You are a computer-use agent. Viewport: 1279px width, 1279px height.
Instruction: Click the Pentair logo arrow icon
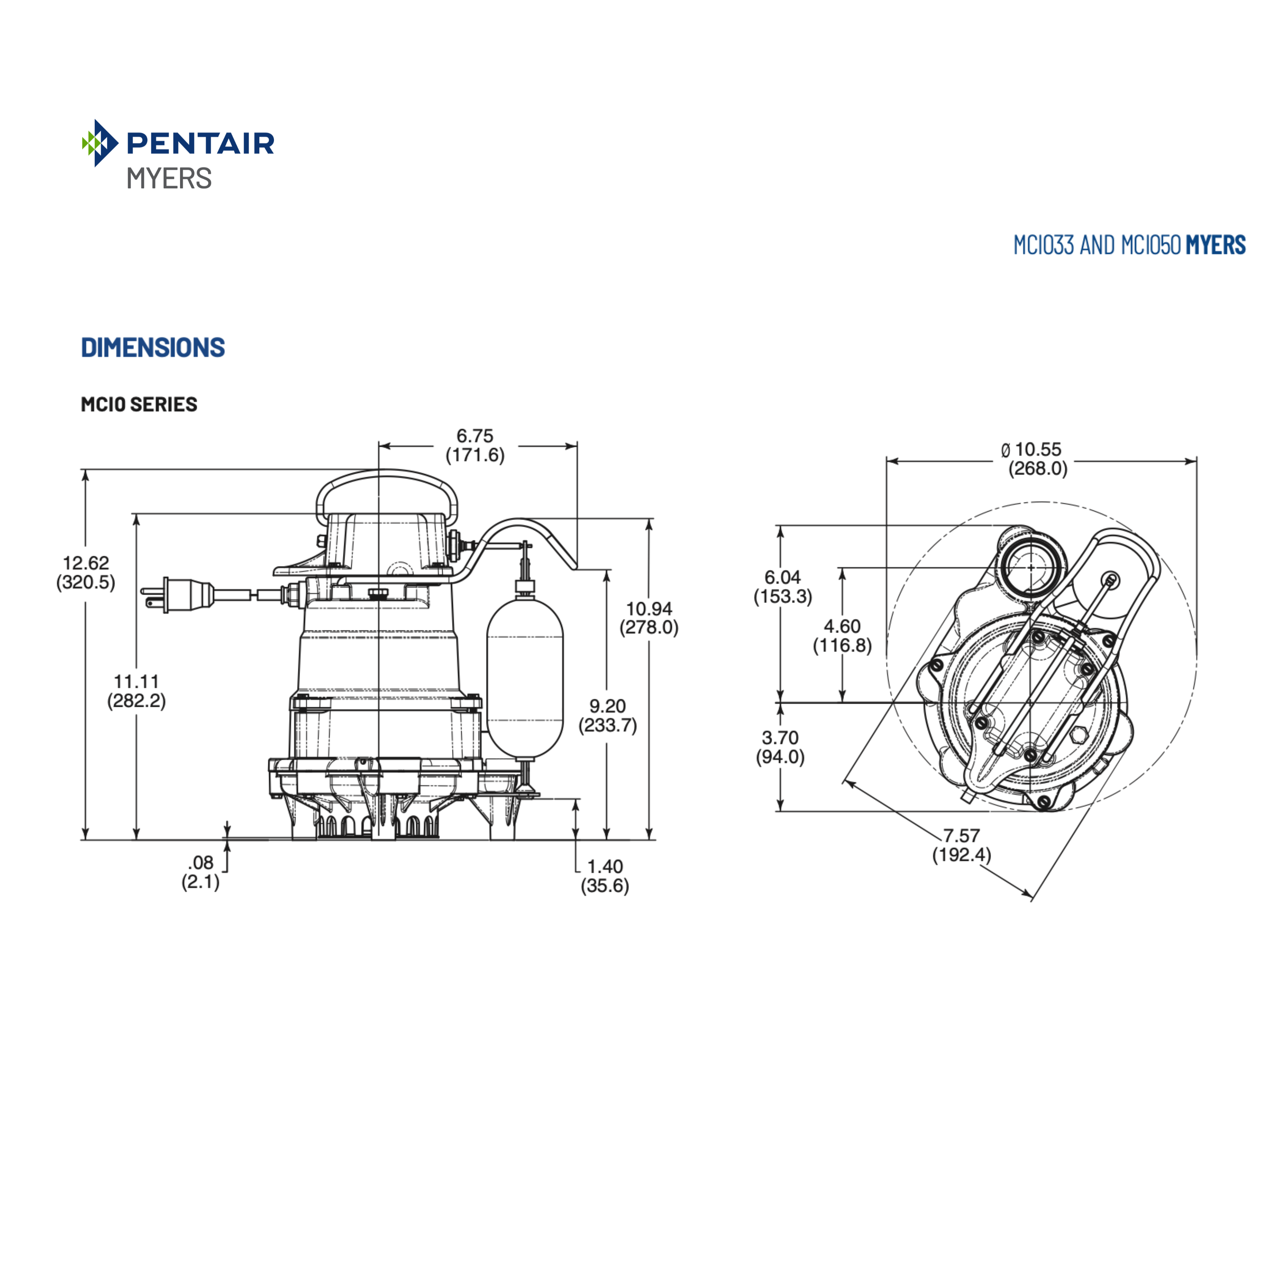[x=99, y=142]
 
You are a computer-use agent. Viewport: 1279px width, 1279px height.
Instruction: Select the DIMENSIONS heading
[x=153, y=348]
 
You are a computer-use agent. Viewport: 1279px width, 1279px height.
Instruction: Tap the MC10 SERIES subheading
[x=139, y=404]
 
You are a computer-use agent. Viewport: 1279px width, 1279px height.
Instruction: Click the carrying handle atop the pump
[x=387, y=487]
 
